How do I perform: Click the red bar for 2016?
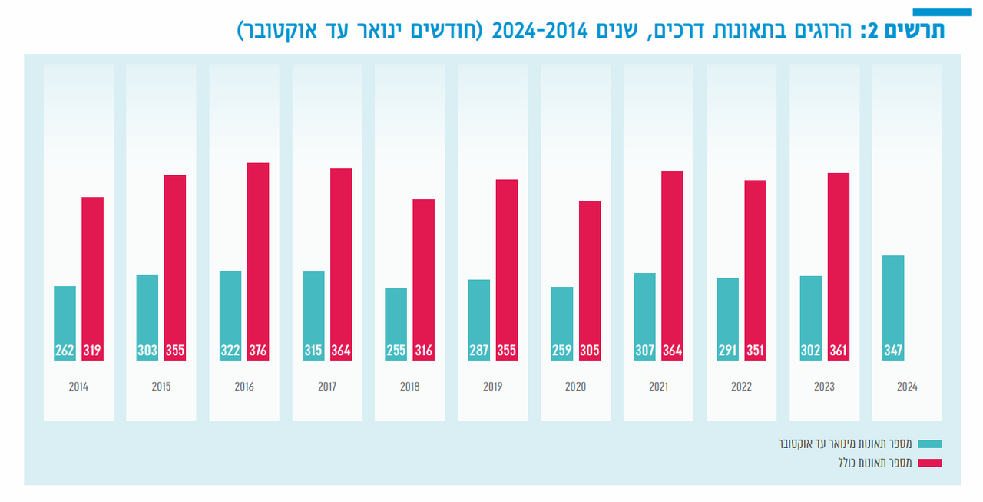258,261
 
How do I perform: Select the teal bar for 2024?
893,308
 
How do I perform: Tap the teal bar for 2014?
65,323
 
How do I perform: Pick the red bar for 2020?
590,281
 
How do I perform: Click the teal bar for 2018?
396,324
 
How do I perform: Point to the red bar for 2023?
839,267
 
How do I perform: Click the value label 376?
258,351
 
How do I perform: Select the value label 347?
893,351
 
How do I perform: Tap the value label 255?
396,351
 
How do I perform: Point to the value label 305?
590,351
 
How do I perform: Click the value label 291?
727,351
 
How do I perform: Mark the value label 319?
92,351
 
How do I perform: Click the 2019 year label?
493,387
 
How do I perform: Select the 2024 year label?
907,387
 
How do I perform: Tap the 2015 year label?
161,387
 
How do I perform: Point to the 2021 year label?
658,387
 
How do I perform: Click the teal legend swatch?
930,444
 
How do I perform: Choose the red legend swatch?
930,463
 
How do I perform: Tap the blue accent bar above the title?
942,12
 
